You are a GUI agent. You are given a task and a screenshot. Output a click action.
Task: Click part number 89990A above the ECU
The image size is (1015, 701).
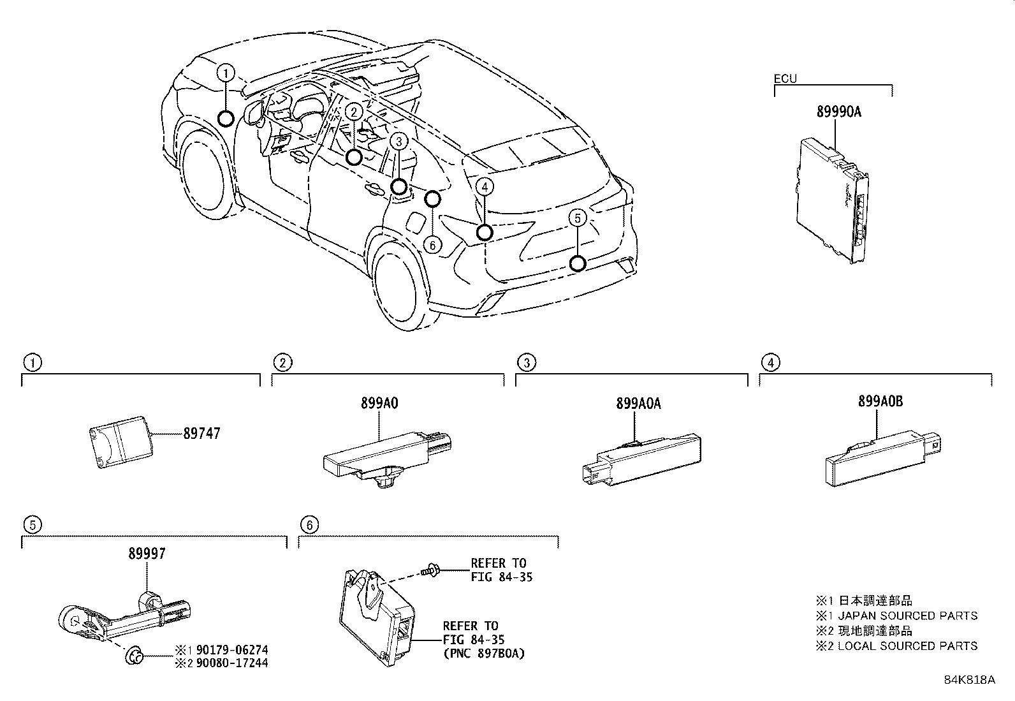point(838,112)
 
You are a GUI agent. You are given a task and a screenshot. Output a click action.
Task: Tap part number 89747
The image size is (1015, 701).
point(201,433)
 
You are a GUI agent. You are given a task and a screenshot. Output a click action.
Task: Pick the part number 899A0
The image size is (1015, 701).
point(379,403)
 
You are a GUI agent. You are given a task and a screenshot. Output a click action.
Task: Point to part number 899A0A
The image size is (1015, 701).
point(638,403)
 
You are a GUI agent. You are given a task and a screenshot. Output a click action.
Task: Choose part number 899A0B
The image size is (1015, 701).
point(880,402)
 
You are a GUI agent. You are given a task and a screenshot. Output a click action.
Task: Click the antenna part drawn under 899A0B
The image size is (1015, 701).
point(880,459)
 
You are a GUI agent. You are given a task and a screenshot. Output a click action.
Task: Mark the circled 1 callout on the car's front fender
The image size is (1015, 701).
point(226,73)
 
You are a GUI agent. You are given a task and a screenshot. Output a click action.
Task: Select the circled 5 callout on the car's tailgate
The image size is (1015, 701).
point(577,219)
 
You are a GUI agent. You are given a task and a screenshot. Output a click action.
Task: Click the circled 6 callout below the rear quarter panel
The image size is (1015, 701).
point(432,244)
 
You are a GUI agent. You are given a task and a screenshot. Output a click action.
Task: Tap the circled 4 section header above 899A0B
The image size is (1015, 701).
point(770,363)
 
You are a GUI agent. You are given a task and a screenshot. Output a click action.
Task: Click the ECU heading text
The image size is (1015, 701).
point(785,79)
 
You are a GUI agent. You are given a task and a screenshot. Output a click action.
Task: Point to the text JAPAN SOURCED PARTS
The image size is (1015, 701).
point(908,616)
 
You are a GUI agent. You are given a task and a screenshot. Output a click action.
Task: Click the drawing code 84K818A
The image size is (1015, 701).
point(969,679)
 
